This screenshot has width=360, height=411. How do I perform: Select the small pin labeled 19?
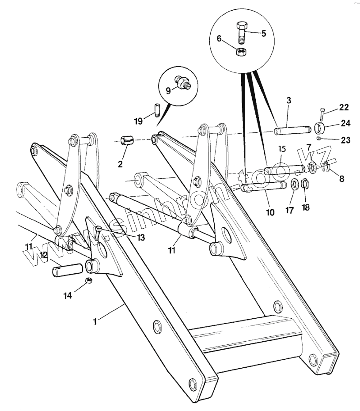coord(157,109)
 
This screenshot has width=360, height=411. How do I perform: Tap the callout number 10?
coord(270,212)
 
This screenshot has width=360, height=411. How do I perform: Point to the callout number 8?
coord(341,179)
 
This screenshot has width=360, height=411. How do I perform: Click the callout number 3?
coord(288,101)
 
